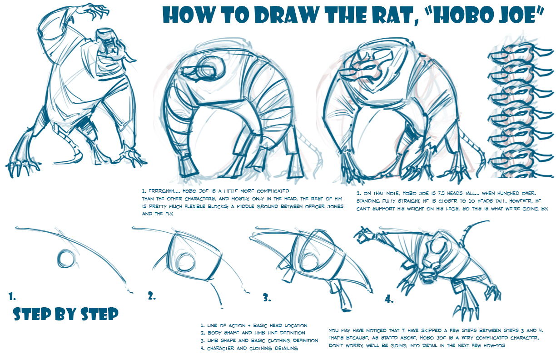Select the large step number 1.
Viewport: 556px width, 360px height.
click(x=12, y=296)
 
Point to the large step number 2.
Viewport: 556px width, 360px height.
click(x=152, y=296)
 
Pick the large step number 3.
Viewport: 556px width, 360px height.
click(x=267, y=298)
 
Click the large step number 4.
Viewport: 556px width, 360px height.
click(x=389, y=299)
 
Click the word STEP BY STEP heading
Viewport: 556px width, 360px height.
click(x=66, y=314)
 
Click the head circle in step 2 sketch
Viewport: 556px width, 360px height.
click(x=185, y=264)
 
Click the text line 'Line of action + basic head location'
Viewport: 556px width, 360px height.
click(x=254, y=325)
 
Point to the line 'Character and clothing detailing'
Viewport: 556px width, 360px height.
click(x=249, y=348)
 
